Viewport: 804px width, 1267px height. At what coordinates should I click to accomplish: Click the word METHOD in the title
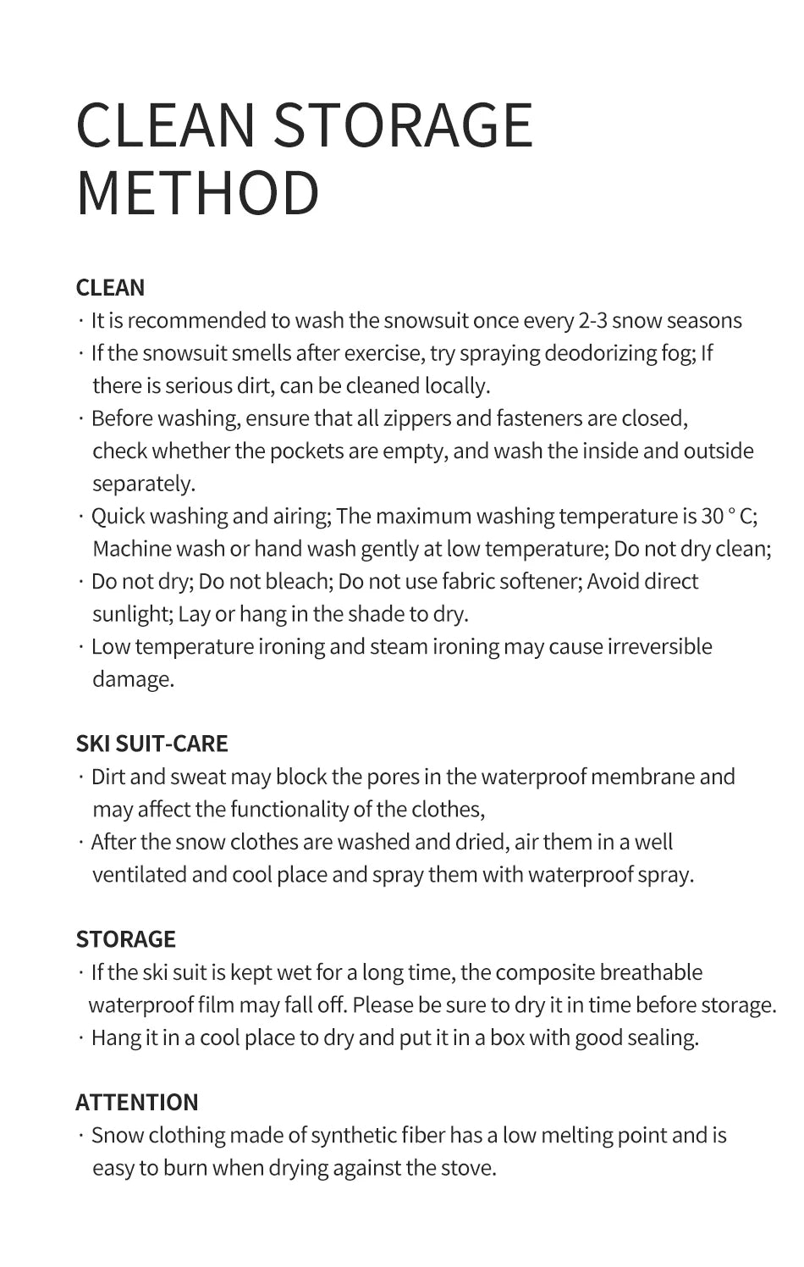point(198,193)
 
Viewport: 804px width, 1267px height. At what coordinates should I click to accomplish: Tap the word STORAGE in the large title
point(403,124)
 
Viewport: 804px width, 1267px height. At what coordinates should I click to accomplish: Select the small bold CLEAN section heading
point(110,288)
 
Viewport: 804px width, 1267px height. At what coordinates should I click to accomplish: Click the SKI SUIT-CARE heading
point(151,744)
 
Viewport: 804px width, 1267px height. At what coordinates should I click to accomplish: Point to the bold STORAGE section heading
point(125,939)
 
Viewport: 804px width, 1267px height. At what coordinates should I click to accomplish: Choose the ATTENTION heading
point(137,1102)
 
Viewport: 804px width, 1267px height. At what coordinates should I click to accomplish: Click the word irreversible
point(659,647)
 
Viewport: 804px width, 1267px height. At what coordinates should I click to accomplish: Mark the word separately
point(142,484)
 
